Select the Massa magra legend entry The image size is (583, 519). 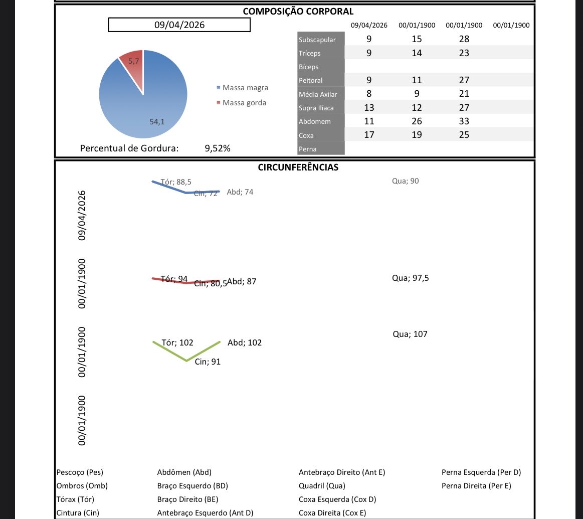(245, 88)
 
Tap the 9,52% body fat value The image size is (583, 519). (218, 148)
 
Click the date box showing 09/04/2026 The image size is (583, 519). (179, 25)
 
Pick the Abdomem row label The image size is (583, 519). (314, 121)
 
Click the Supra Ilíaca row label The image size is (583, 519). (316, 108)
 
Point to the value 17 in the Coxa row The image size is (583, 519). (369, 135)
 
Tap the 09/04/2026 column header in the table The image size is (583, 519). (369, 25)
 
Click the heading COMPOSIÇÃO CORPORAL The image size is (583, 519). (298, 12)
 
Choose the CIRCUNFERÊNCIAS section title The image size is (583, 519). (298, 167)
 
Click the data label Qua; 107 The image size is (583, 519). (411, 334)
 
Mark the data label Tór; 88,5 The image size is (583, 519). (176, 182)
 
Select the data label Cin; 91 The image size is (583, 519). (208, 362)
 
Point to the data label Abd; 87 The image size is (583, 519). (242, 282)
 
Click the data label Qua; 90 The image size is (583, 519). (405, 181)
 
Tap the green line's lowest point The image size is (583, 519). (186, 361)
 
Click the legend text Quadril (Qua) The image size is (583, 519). (322, 485)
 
